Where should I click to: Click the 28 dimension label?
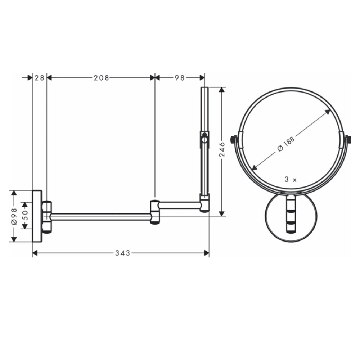pos(40,78)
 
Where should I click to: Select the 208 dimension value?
pos(101,78)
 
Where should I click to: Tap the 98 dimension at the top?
pos(180,78)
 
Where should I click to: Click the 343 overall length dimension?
pos(122,253)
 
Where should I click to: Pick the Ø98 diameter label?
pos(14,216)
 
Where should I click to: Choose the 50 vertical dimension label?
pos(25,215)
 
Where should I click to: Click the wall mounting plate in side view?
pos(37,216)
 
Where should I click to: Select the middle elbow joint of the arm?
pos(155,212)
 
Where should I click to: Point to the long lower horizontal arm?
pos(101,216)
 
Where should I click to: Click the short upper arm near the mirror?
pos(180,205)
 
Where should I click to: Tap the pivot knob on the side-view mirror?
pos(204,138)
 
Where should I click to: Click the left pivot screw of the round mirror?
pos(234,139)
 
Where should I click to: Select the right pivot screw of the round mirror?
pos(347,139)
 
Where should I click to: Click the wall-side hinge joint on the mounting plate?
pos(47,216)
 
